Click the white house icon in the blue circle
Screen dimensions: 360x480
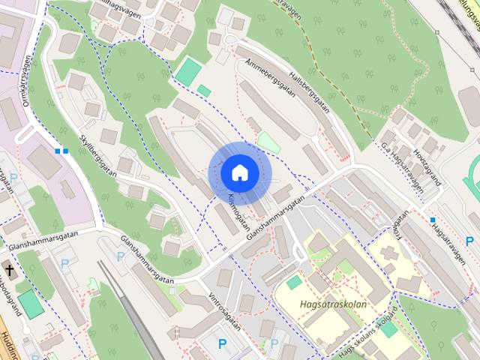[239, 173]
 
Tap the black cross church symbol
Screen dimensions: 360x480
[11, 269]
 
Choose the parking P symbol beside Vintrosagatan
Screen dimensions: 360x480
[222, 344]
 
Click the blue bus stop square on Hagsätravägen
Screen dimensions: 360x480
[432, 220]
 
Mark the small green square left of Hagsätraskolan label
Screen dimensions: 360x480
[294, 283]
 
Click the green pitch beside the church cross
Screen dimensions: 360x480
[30, 304]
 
